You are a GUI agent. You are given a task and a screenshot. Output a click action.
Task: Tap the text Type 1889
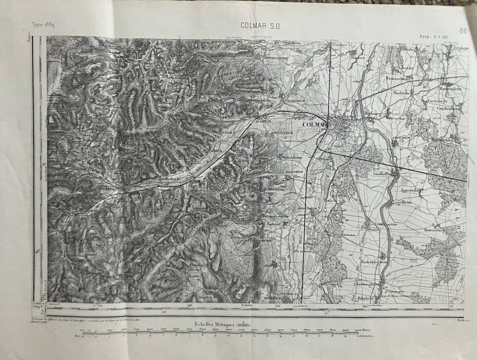(x=43, y=25)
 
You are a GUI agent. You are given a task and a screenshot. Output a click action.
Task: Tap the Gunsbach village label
(x=169, y=178)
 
